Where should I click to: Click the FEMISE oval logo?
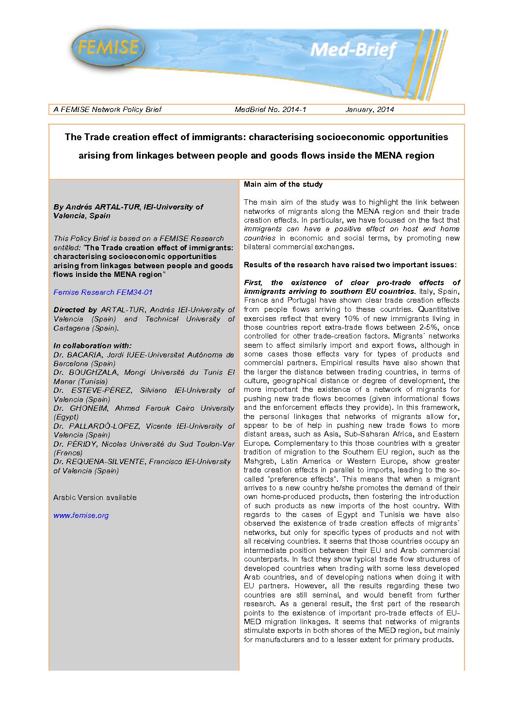point(108,48)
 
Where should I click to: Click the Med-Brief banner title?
point(353,49)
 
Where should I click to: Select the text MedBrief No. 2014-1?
point(270,110)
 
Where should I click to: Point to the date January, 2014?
point(369,110)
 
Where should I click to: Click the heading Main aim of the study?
point(283,184)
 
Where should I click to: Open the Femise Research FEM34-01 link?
point(103,292)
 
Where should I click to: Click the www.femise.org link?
point(81,516)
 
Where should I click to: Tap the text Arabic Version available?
point(95,498)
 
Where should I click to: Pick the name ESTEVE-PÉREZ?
point(101,390)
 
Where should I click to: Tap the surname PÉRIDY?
point(81,444)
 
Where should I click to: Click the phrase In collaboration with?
point(92,346)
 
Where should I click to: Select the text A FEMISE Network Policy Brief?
point(107,110)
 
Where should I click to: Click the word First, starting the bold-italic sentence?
point(253,283)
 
